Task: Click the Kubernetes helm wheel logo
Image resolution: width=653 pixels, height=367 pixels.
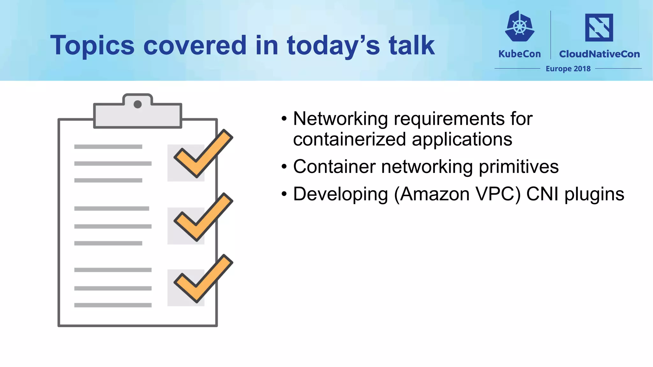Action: click(x=519, y=27)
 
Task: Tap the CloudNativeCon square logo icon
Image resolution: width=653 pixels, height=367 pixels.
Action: click(x=599, y=27)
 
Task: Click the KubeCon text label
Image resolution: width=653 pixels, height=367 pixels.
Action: click(x=519, y=54)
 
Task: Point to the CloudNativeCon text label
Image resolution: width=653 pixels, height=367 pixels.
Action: click(x=599, y=54)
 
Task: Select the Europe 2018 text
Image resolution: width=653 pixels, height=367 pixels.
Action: click(x=568, y=69)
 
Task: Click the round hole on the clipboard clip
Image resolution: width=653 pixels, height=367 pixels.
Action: click(x=137, y=104)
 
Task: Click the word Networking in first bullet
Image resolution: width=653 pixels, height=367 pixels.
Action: click(x=340, y=119)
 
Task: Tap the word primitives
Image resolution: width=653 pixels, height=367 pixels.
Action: click(x=518, y=167)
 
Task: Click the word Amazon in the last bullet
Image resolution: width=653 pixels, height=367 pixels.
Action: click(x=435, y=194)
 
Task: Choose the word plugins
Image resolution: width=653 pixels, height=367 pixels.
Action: click(x=594, y=195)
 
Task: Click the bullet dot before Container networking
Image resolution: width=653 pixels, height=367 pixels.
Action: click(x=284, y=167)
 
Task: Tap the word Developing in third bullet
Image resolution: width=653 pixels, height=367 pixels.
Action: click(x=340, y=195)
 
